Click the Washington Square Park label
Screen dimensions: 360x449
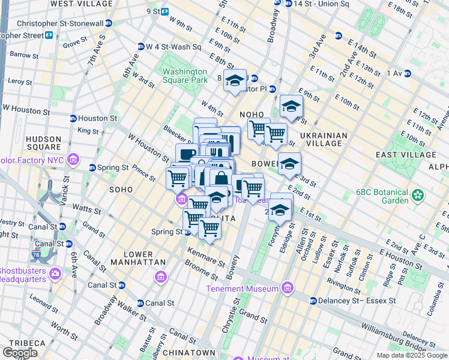pos(185,76)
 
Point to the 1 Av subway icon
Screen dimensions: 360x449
pos(408,73)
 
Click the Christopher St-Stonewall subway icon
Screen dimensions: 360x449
pos(109,23)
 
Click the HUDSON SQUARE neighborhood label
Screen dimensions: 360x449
pos(43,143)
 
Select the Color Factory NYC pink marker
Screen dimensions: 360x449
pos(73,160)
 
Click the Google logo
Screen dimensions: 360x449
pos(20,353)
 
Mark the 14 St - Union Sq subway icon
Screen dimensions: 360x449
pos(277,3)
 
